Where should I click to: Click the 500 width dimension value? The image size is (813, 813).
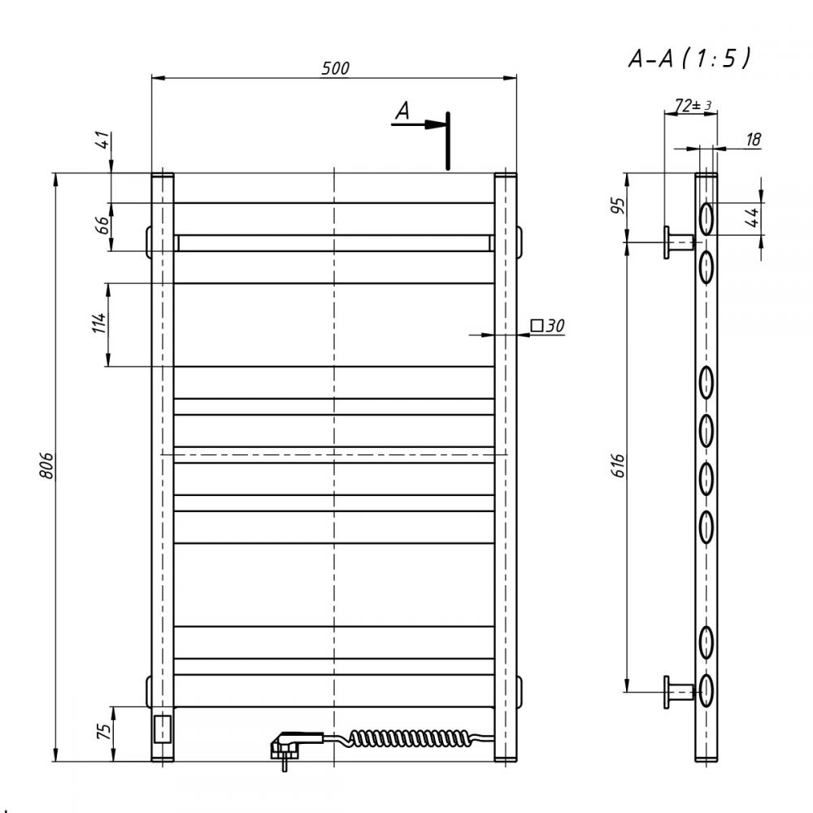pos(336,68)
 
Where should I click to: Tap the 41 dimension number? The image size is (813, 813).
pos(104,140)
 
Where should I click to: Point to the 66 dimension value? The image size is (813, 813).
pos(104,225)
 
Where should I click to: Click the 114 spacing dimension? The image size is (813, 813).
pos(98,323)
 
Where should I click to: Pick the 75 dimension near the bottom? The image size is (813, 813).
pos(104,732)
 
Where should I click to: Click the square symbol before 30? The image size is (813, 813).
pos(537,326)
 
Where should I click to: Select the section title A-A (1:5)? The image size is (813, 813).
pos(689,58)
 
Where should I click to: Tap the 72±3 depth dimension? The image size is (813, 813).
pos(693,105)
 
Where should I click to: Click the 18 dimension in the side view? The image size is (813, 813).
pos(754,139)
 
